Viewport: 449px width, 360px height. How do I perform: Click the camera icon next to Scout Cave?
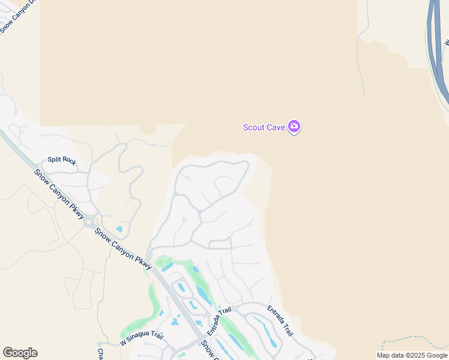[294, 127]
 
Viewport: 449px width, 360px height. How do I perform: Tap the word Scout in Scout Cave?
[255, 127]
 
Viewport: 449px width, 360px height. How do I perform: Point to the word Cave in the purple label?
[276, 127]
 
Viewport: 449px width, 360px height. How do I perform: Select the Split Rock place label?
[62, 160]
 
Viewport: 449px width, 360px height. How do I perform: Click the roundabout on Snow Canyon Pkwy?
[89, 222]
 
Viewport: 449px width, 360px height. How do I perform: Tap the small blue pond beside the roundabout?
[119, 229]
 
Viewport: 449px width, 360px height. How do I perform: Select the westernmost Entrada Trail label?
[219, 321]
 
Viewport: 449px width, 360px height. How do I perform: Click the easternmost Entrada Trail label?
[280, 321]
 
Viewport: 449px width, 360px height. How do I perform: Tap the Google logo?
[20, 353]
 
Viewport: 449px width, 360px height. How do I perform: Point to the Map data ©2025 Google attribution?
[412, 355]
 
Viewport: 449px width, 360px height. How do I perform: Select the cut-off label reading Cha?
[101, 352]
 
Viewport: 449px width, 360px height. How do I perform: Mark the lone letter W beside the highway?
[446, 43]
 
